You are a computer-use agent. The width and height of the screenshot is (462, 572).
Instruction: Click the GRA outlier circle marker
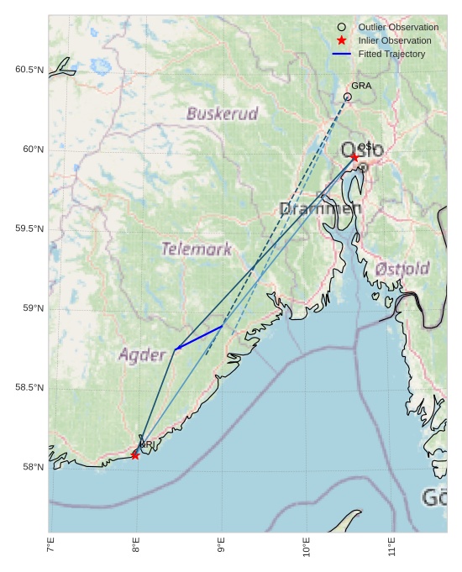tap(348, 97)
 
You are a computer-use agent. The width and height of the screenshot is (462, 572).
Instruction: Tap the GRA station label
tap(361, 86)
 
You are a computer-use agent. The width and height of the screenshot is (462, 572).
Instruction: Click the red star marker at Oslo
tap(354, 157)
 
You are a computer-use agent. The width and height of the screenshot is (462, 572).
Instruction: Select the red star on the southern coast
tap(135, 455)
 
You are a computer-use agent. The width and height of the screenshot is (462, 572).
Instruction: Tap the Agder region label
tap(142, 354)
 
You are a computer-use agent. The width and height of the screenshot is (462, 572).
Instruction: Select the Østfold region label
tap(402, 269)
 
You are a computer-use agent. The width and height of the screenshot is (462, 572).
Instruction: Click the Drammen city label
tap(320, 208)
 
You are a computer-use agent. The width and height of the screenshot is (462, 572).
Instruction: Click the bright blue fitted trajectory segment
tap(199, 338)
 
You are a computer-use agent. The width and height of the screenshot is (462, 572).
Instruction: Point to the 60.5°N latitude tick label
tap(29, 70)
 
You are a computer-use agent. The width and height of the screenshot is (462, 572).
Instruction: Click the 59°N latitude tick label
tap(32, 308)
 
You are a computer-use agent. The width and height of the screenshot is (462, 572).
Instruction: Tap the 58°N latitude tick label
tap(32, 467)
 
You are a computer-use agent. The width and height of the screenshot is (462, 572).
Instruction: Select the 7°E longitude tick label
tap(50, 549)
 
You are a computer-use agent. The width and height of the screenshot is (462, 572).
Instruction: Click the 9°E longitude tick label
tap(221, 549)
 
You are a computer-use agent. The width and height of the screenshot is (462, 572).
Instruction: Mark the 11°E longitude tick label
tap(392, 549)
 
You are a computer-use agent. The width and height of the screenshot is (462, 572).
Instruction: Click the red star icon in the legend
tap(341, 40)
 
